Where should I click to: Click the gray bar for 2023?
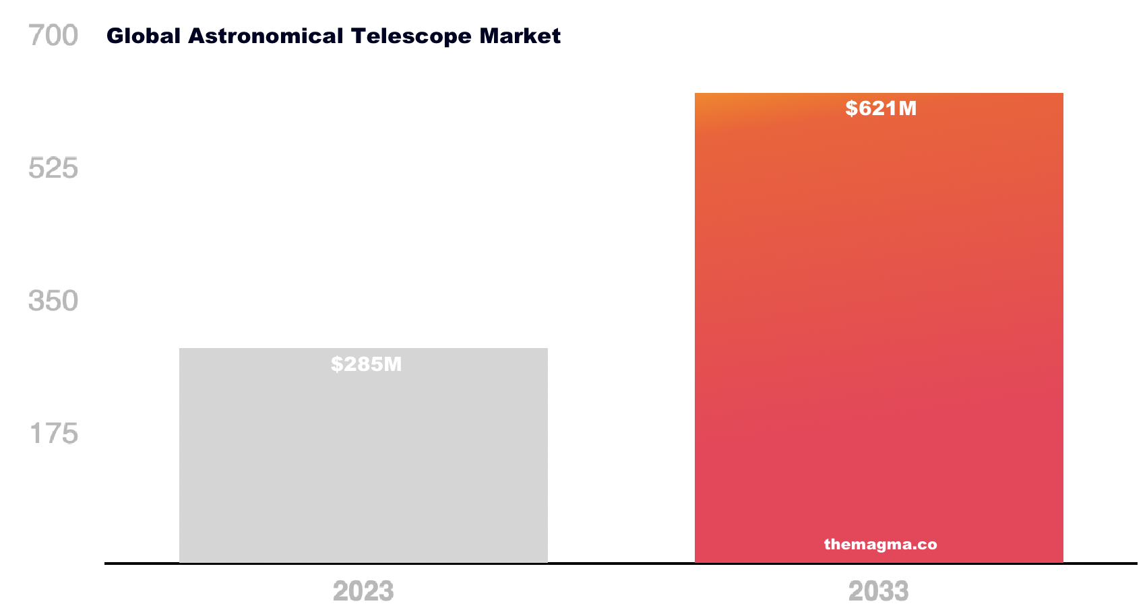point(363,465)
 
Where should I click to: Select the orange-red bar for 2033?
point(879,323)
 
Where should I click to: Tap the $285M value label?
point(366,364)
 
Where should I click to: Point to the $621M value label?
point(881,108)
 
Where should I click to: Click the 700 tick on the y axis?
point(53,35)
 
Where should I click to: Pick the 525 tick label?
point(53,168)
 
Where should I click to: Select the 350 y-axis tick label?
point(53,301)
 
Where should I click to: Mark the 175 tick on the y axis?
point(53,434)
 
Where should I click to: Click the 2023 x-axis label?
point(363,591)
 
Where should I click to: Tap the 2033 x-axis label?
point(878,591)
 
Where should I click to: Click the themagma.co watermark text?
point(880,544)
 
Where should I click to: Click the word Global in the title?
point(144,36)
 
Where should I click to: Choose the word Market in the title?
point(520,36)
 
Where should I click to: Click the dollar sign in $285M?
point(336,364)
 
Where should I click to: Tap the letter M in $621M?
point(907,108)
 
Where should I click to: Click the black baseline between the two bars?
point(621,563)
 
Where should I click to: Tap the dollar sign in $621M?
point(851,108)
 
